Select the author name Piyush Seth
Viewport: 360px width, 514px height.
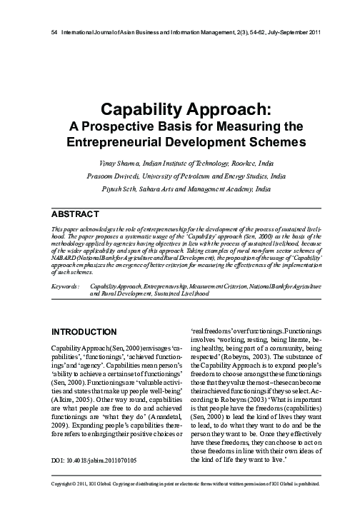[x=121, y=189]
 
